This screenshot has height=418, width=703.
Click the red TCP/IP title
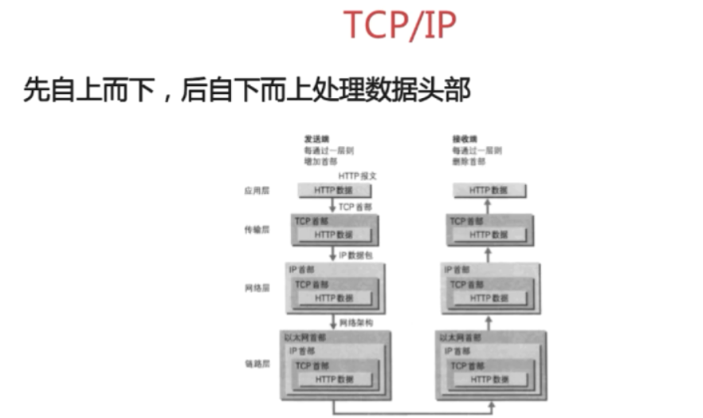click(399, 26)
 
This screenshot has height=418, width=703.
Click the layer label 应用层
click(257, 191)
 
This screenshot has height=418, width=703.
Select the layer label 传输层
click(257, 229)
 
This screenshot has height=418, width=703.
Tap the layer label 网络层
click(257, 287)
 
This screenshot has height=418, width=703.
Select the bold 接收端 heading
click(464, 138)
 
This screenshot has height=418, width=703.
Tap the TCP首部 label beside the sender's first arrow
click(355, 207)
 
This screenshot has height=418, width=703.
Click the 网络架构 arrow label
click(355, 323)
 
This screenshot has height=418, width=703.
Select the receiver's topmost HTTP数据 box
click(489, 191)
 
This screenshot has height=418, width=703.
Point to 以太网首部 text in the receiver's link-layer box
click(460, 338)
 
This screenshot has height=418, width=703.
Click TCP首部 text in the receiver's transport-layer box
click(466, 221)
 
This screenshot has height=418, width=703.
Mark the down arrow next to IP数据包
click(332, 255)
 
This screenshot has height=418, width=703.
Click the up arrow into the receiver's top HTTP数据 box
click(489, 206)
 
